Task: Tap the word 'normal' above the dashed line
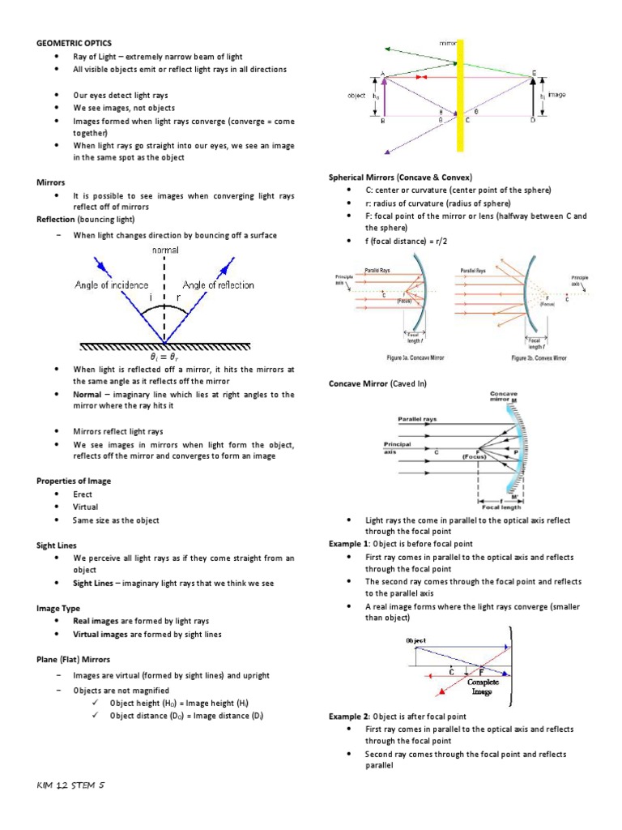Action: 164,251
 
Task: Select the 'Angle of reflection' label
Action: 218,285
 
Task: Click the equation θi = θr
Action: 164,356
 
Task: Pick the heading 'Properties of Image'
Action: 74,481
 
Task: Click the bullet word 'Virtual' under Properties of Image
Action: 85,507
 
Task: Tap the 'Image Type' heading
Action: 58,607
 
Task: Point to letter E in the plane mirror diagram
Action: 533,74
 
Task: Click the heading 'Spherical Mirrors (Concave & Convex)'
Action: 400,177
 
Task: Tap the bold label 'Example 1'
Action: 348,544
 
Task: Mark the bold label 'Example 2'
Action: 348,717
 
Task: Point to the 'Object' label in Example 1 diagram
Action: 416,640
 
